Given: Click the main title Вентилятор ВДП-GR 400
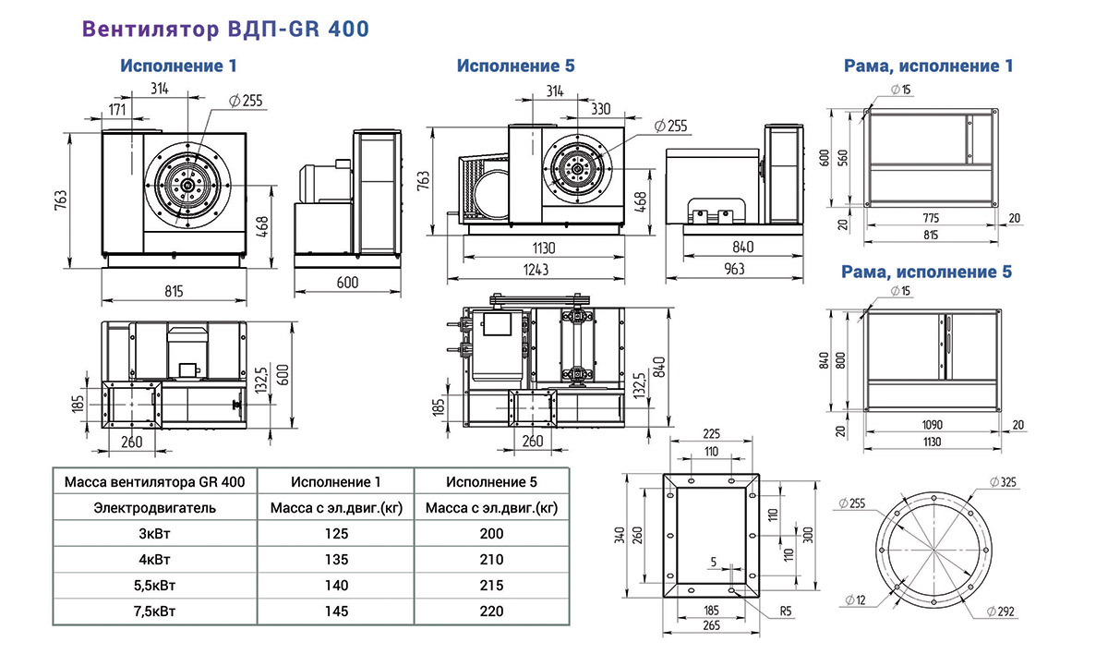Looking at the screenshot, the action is point(225,29).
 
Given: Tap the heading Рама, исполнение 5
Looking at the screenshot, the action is point(926,272).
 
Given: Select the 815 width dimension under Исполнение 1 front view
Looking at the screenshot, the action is point(174,291).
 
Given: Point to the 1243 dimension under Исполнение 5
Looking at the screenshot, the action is point(536,270).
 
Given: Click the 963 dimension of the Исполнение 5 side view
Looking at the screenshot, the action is point(734,269).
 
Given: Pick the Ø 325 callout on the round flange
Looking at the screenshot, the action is point(1003,482).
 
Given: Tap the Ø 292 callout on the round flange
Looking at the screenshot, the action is point(1001,612).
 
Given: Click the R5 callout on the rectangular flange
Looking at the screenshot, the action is point(786,612).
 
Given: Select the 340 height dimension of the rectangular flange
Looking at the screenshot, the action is point(620,535).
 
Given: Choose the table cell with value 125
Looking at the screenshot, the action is point(336,533).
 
